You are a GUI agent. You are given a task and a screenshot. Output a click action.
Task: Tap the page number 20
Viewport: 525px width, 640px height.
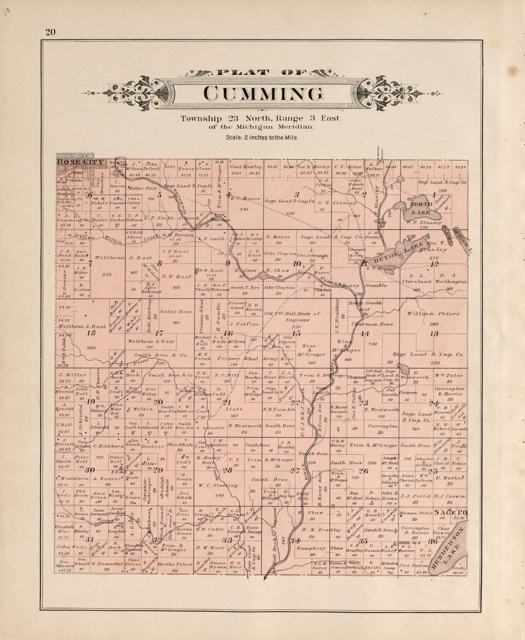[51, 32]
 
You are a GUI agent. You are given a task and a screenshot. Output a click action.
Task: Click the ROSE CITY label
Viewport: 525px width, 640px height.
[81, 162]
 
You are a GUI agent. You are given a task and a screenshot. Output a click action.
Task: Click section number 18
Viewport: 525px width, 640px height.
[91, 333]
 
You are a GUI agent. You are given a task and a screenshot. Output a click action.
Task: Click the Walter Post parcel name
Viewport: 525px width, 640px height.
[139, 188]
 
